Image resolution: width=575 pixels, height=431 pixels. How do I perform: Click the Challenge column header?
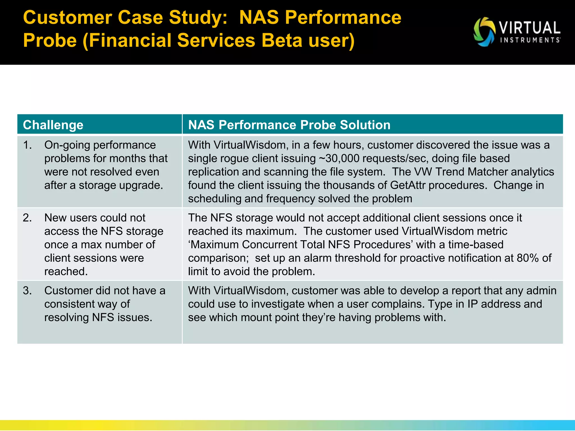click(53, 125)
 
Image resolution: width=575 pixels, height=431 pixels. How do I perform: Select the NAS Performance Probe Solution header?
click(289, 125)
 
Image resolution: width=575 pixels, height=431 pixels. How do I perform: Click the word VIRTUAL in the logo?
click(530, 28)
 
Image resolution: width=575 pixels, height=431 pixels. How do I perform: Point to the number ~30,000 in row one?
click(339, 159)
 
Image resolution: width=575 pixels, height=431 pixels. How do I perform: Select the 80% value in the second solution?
click(528, 258)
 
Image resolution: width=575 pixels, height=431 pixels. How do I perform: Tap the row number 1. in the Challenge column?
click(28, 145)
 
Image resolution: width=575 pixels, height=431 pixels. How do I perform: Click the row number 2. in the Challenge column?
click(28, 218)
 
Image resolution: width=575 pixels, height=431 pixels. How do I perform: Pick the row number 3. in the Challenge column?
click(28, 290)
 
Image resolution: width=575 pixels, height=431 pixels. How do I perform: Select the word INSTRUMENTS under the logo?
click(530, 40)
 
